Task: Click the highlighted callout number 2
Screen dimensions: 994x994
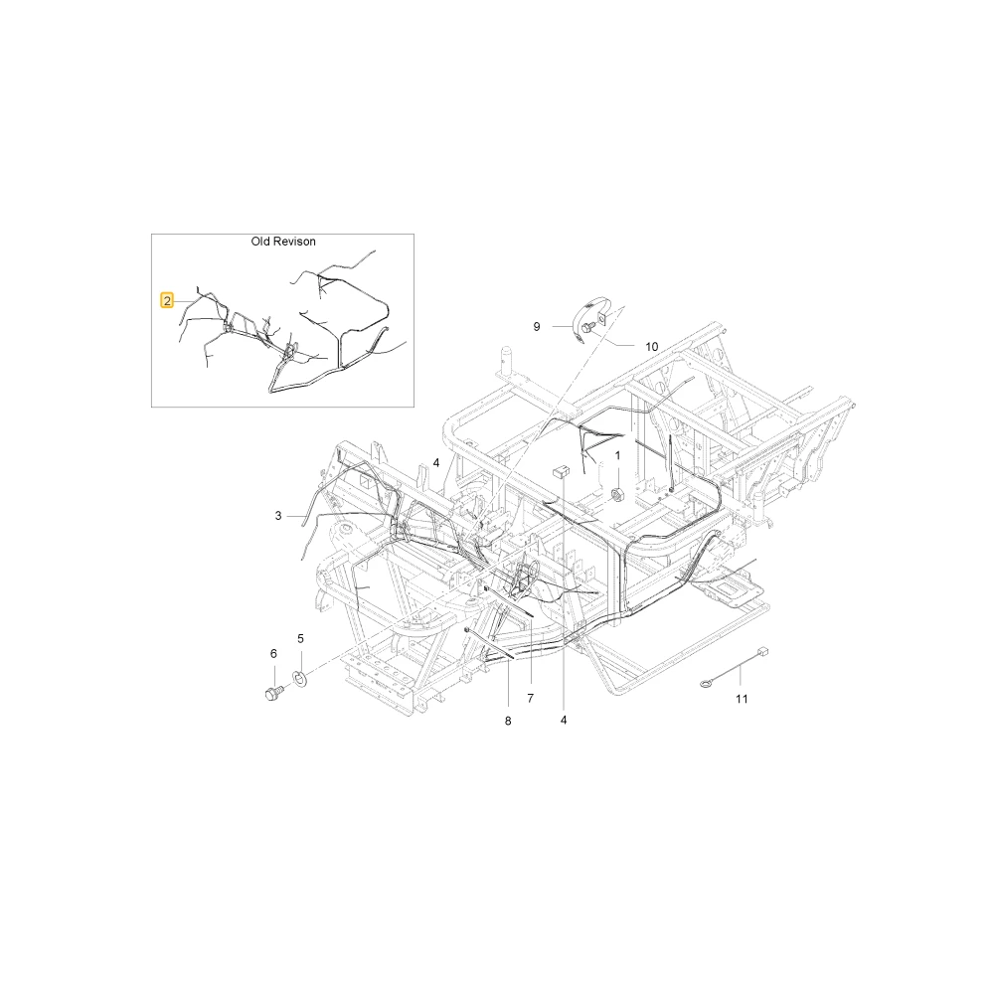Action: tap(167, 300)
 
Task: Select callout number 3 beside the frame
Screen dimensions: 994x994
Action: tap(278, 516)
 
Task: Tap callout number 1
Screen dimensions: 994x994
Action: tap(617, 456)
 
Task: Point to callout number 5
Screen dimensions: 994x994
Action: tap(300, 638)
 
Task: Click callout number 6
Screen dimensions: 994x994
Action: tap(273, 654)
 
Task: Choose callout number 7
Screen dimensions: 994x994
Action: tap(530, 698)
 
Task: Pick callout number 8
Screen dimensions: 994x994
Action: tap(508, 721)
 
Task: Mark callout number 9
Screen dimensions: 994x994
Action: tap(537, 326)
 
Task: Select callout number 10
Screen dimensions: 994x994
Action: tap(652, 347)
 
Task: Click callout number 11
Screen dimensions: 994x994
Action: tap(742, 699)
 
